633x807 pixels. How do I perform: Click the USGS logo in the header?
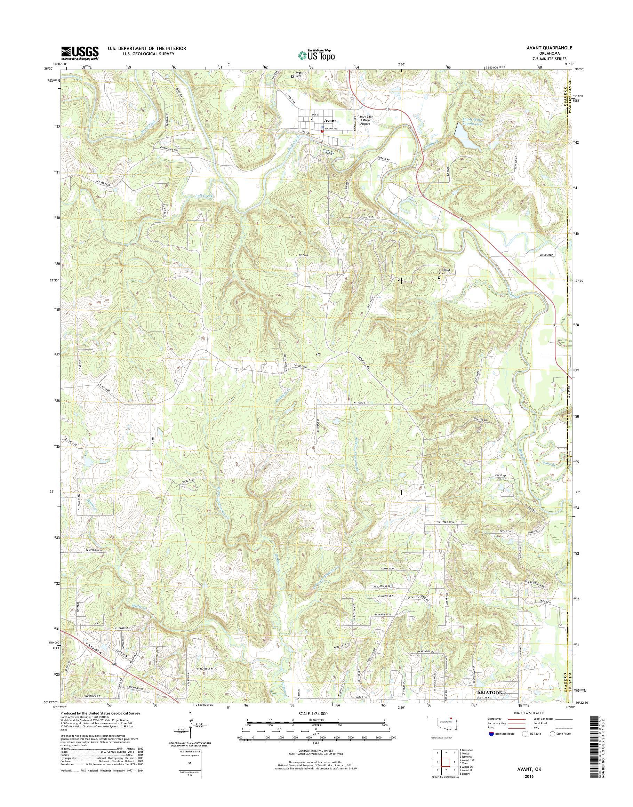[x=80, y=53]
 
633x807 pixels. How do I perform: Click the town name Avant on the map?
[x=330, y=121]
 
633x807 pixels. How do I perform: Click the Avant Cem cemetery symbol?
[x=293, y=77]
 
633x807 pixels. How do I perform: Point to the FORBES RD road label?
[x=384, y=159]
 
